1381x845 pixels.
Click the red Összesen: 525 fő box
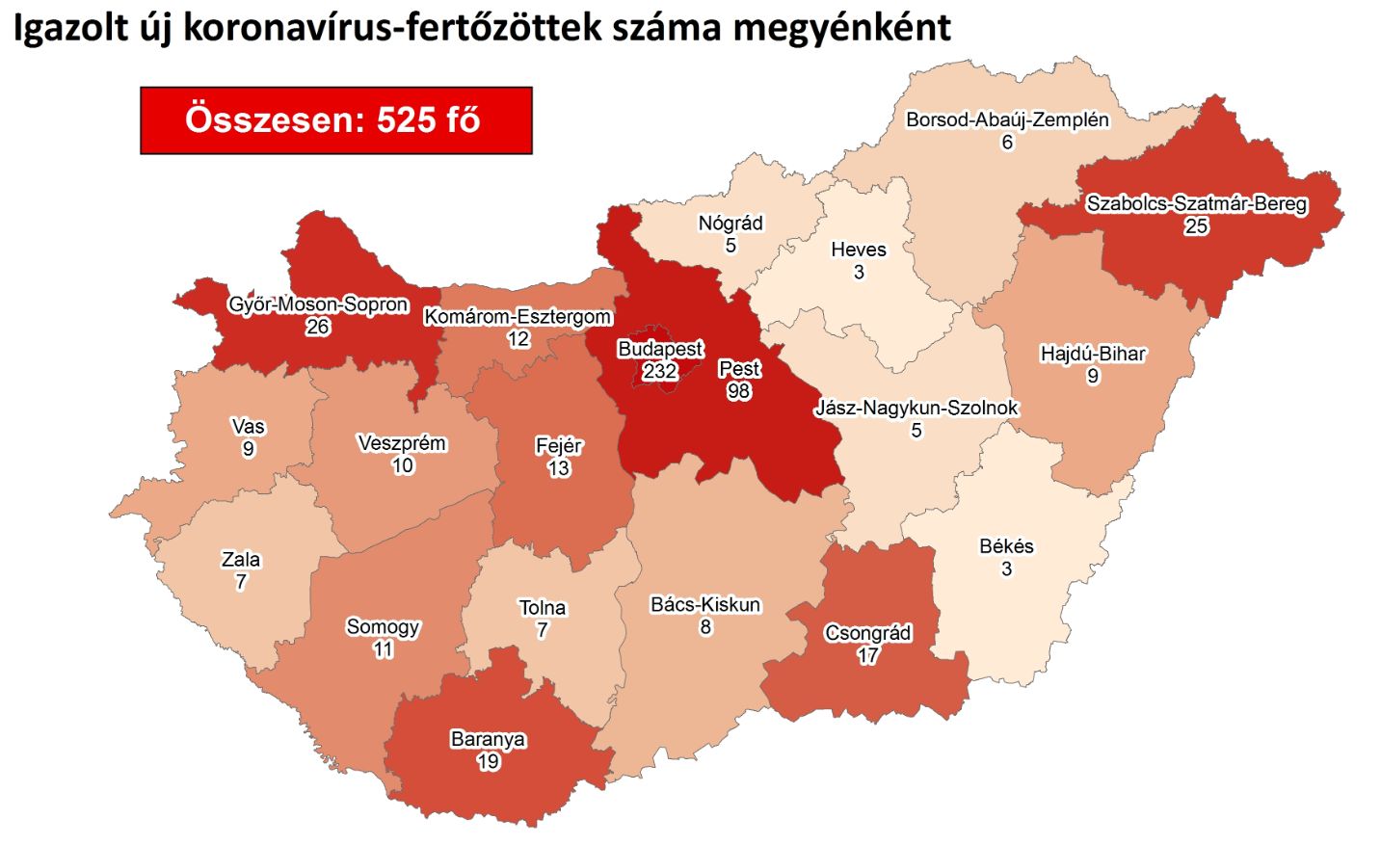(x=335, y=120)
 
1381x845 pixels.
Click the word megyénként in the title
(x=841, y=28)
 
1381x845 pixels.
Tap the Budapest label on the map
(x=660, y=349)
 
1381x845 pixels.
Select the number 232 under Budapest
(x=660, y=371)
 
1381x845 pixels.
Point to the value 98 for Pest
(x=739, y=391)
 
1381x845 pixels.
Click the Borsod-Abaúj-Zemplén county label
(x=1007, y=120)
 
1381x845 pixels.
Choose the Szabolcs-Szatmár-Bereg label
(x=1196, y=204)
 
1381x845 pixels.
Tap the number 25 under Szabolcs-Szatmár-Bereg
(x=1196, y=226)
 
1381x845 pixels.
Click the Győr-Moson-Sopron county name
(x=318, y=304)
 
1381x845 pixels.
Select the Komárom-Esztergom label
(x=518, y=317)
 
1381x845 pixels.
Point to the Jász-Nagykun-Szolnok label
(x=916, y=408)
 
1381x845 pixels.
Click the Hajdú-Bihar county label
(x=1093, y=354)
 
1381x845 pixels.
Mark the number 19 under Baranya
(x=488, y=762)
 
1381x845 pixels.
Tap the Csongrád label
(x=867, y=633)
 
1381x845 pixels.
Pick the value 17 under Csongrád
(x=867, y=656)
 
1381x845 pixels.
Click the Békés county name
(x=1006, y=546)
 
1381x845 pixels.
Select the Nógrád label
(x=730, y=224)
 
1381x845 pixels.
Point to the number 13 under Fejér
(x=559, y=469)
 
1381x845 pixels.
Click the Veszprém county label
(x=402, y=443)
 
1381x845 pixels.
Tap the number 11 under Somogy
(x=383, y=649)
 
